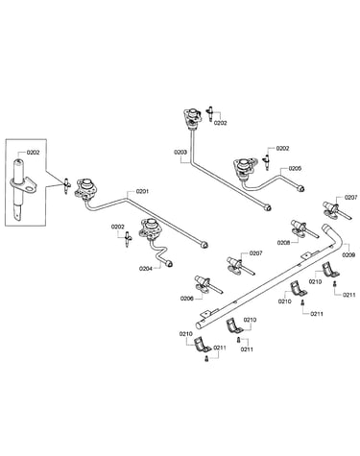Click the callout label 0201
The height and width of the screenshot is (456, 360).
coord(142,191)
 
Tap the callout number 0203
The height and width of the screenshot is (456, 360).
coord(180,153)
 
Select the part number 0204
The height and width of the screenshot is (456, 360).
coord(145,269)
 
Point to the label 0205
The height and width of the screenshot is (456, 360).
coord(295,168)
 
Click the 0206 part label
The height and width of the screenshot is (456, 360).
coord(187,299)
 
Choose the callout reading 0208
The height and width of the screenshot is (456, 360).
coord(284,243)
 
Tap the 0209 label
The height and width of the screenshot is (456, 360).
coord(348,255)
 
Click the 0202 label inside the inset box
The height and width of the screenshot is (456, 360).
coord(33,153)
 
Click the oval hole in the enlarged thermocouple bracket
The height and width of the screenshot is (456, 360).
coord(31,188)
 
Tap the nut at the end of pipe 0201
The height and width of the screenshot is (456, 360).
coord(204,245)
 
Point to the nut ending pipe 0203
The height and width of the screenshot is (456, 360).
coord(268,208)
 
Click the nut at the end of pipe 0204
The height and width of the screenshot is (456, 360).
coord(170,264)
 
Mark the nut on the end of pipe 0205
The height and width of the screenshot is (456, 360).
coord(300,188)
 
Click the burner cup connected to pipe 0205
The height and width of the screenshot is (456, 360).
coord(245,166)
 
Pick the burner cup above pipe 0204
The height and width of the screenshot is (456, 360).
coord(149,228)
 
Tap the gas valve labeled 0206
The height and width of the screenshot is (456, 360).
coord(205,285)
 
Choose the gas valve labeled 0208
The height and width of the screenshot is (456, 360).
coord(301,229)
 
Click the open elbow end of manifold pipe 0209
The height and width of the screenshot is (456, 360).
coord(326,228)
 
